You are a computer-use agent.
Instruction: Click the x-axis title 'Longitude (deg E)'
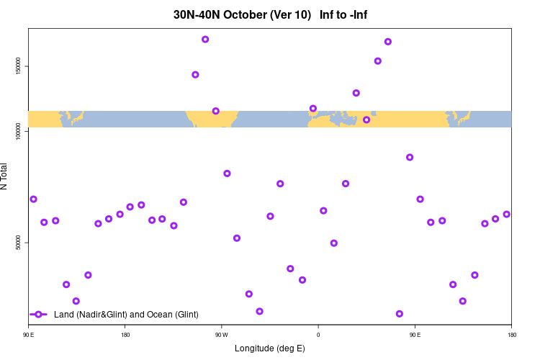click(x=270, y=348)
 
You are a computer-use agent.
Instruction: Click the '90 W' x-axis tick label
click(x=221, y=334)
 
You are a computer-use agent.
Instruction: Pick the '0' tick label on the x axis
click(x=318, y=334)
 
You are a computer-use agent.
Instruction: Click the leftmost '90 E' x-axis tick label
click(x=29, y=334)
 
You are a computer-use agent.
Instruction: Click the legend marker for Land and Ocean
click(x=39, y=315)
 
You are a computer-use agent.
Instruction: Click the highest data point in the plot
click(x=205, y=40)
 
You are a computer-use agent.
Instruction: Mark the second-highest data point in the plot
click(x=388, y=42)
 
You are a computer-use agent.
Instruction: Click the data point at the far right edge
click(x=506, y=214)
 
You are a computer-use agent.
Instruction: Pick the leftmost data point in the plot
click(x=33, y=199)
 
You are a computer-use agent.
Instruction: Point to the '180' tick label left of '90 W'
click(x=125, y=334)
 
